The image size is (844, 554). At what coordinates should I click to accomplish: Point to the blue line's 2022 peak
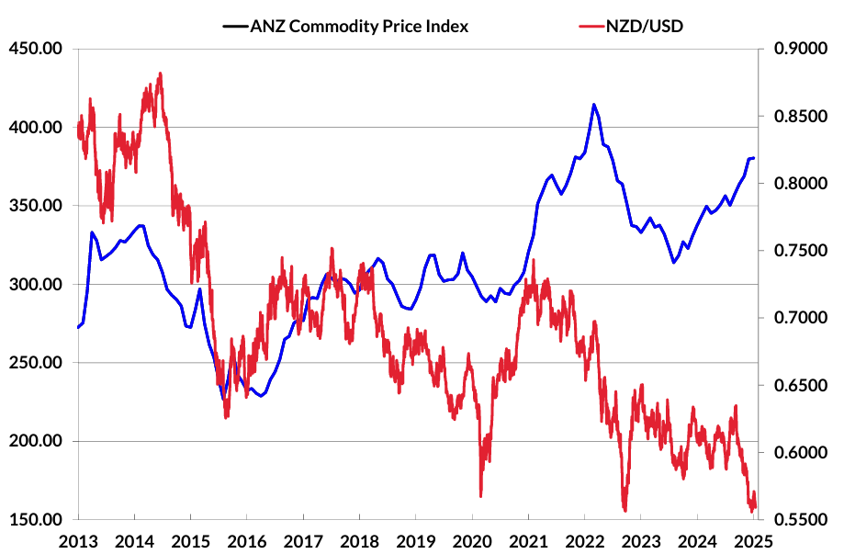[x=593, y=105]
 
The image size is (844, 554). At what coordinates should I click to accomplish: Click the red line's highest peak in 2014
[x=160, y=73]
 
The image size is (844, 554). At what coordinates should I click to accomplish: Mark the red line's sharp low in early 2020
[x=480, y=496]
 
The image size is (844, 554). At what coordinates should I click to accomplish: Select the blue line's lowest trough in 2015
[x=223, y=398]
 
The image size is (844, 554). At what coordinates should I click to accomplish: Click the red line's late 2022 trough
[x=625, y=510]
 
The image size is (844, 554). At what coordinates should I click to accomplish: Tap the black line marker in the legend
[x=234, y=26]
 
